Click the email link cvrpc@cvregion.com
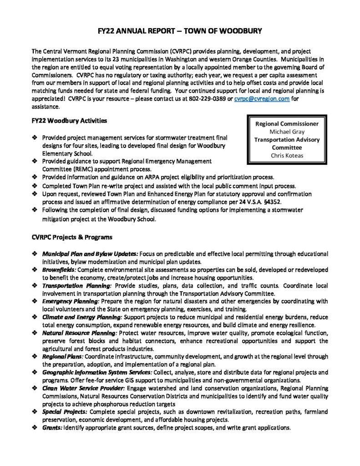[262, 100]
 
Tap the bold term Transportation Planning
[77, 286]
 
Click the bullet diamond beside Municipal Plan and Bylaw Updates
[35, 253]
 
